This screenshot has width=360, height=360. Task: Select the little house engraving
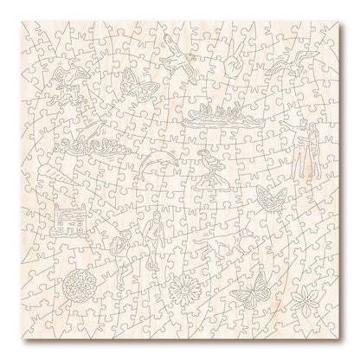[69, 220]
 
